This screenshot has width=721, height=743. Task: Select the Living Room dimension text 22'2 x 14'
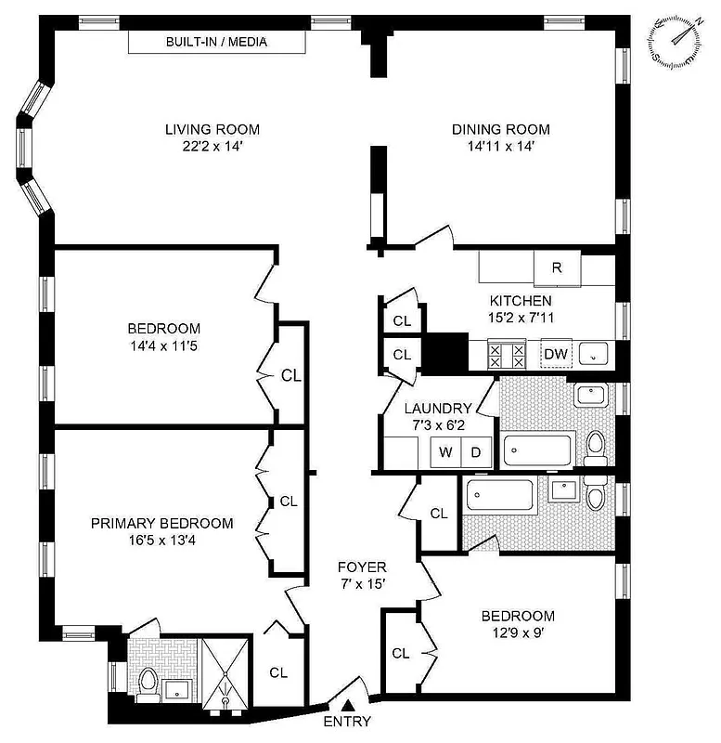tap(212, 146)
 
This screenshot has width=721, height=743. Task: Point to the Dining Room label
tap(500, 129)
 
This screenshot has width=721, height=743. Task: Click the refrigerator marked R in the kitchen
tap(556, 267)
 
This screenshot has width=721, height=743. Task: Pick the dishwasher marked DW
tap(556, 354)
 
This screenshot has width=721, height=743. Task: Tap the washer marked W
tap(445, 452)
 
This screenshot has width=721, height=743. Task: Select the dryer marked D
tap(475, 452)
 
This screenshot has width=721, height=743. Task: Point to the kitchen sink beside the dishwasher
tap(594, 354)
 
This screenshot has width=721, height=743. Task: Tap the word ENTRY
tap(347, 723)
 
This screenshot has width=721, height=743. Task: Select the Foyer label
tap(361, 567)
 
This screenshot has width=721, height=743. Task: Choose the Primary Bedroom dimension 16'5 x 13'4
tap(161, 541)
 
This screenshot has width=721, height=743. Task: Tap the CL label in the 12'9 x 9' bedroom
tap(400, 653)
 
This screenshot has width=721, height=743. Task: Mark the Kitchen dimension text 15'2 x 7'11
tap(521, 317)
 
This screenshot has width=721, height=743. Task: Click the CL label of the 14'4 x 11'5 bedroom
tap(291, 376)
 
